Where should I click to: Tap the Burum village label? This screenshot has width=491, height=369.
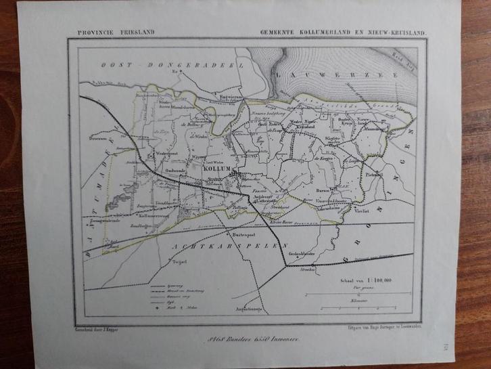[x=312, y=192]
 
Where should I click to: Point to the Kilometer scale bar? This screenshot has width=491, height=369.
[x=363, y=295]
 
